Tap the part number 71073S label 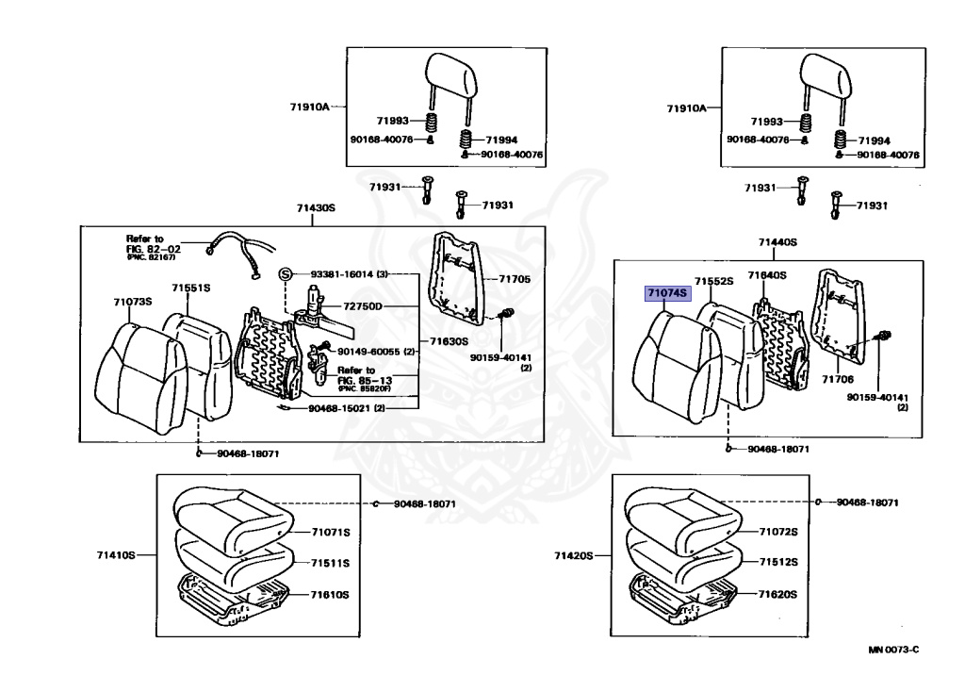click(x=133, y=301)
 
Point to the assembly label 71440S click(x=777, y=242)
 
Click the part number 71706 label click(x=837, y=378)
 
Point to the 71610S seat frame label click(x=331, y=595)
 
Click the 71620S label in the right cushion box click(x=779, y=595)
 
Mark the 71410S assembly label click(x=115, y=554)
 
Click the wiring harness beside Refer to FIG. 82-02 click(x=236, y=253)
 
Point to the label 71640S click(x=767, y=275)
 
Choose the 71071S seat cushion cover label click(x=331, y=533)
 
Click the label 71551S click(x=190, y=287)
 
